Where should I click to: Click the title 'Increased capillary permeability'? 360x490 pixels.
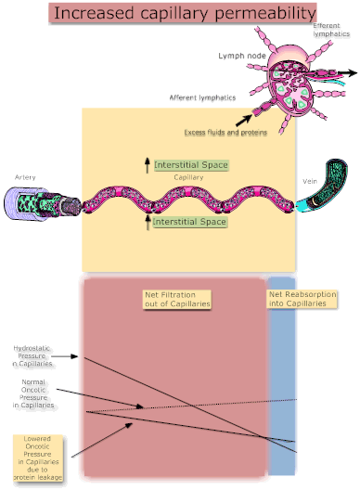pos(178,13)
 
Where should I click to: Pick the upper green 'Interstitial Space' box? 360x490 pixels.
pos(190,164)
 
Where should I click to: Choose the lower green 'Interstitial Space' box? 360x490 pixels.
pos(189,223)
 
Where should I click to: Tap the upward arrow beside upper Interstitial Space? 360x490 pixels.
pos(145,165)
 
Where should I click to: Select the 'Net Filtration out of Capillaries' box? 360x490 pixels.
pos(178,299)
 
